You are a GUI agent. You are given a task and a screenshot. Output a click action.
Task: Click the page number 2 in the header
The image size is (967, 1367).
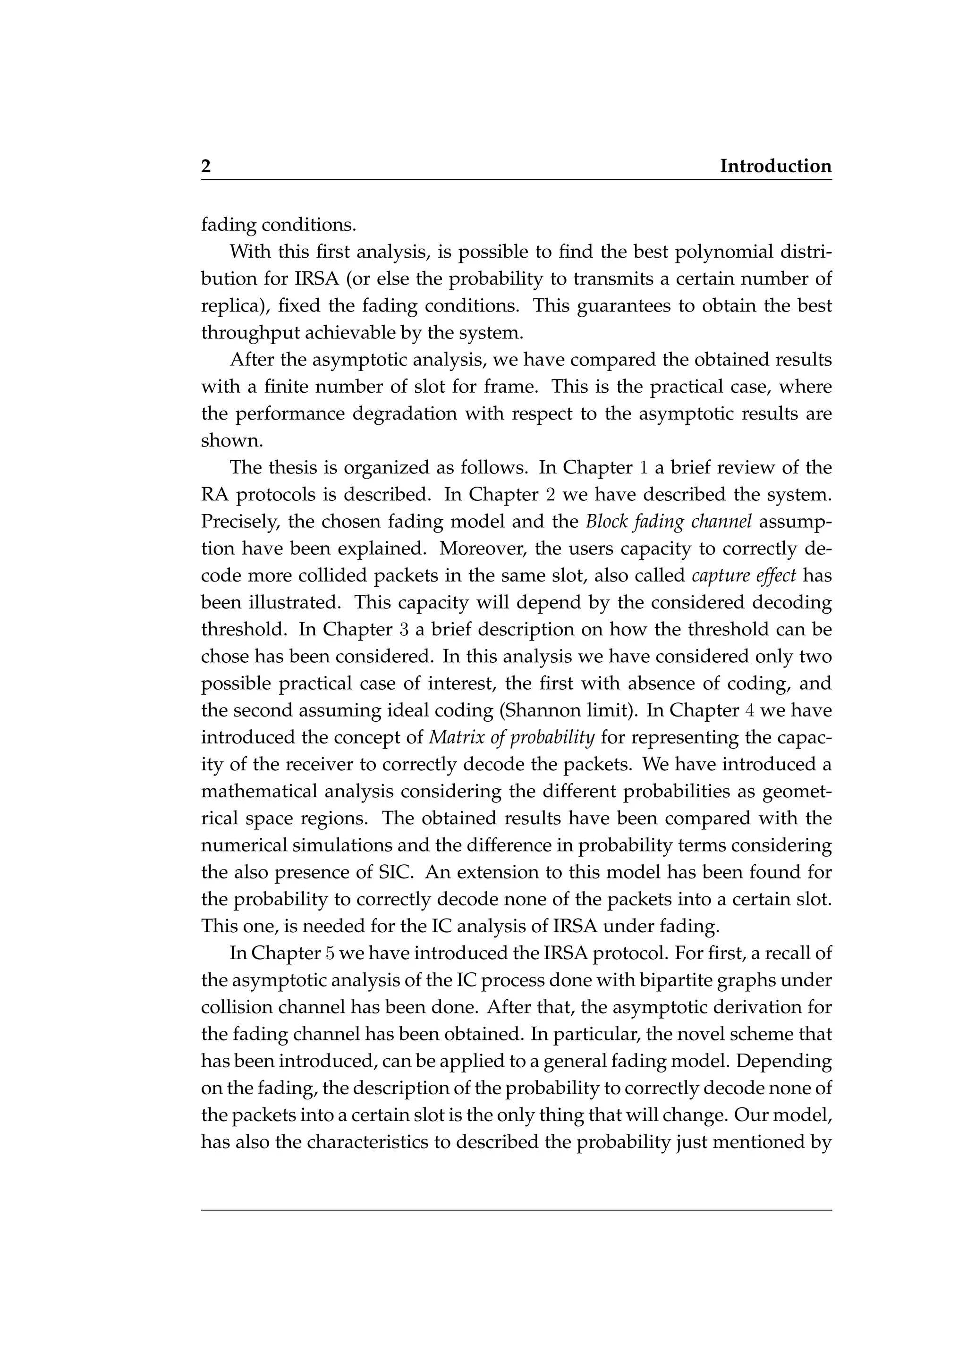[x=206, y=166]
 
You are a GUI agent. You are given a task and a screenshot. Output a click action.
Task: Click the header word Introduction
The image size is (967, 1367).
[x=775, y=166]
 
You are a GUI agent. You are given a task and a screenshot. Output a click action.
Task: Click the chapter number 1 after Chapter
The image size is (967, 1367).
[x=643, y=468]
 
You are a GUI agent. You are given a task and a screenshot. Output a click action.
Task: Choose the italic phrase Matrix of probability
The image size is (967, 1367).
[x=511, y=738]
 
